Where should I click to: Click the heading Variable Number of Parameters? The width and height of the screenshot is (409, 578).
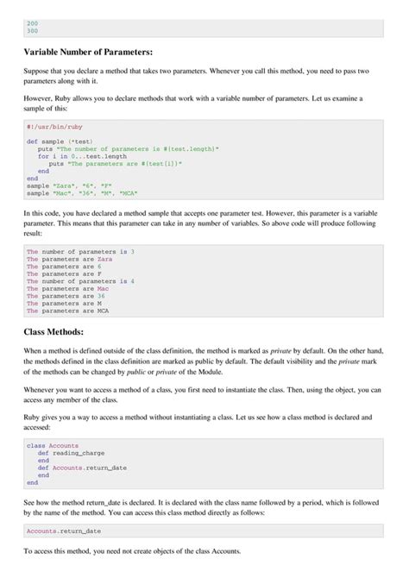[88, 52]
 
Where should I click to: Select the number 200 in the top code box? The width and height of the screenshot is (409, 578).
[33, 23]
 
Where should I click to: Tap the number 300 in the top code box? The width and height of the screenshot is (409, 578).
[33, 31]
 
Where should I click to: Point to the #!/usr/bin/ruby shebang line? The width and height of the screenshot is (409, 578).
[52, 126]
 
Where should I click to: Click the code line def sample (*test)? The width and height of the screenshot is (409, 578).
[60, 141]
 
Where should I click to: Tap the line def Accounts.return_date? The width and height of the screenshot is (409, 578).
[86, 468]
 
